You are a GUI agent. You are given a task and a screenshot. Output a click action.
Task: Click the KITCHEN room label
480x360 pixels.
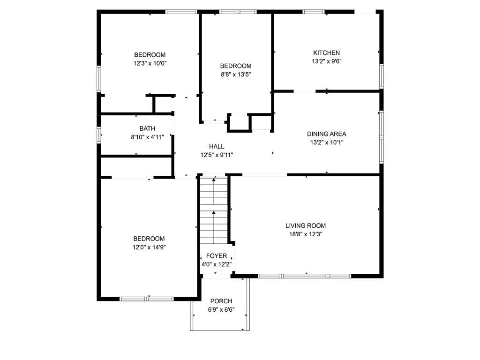(x=326, y=53)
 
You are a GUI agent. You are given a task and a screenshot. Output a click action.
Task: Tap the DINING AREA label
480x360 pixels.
(x=326, y=134)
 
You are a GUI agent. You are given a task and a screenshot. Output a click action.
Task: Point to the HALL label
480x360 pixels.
(x=217, y=147)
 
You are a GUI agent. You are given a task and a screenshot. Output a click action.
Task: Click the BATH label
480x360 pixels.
(x=147, y=129)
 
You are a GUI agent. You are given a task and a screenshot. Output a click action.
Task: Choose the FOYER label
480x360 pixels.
(x=217, y=256)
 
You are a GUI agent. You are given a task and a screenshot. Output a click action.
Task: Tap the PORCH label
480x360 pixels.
(x=221, y=301)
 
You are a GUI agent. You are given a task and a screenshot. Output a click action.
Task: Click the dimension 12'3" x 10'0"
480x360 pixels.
(x=150, y=63)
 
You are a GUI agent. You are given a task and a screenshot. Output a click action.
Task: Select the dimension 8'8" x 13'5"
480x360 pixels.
(x=236, y=75)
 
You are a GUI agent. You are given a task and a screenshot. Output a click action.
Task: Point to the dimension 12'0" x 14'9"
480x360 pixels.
(x=149, y=247)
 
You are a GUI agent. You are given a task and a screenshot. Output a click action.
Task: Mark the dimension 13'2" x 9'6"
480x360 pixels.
(x=326, y=61)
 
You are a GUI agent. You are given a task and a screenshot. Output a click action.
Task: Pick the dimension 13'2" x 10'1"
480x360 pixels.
(x=326, y=142)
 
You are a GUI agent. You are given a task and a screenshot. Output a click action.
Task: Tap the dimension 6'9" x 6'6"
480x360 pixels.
(x=221, y=309)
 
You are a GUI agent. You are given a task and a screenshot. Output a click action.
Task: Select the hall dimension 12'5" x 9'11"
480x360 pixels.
(x=217, y=155)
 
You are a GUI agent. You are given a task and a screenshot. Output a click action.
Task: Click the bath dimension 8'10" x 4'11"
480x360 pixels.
(x=147, y=137)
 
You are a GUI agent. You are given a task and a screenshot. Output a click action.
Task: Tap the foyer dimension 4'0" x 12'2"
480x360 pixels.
(x=217, y=264)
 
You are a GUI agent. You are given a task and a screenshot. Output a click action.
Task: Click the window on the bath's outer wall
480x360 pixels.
(x=99, y=134)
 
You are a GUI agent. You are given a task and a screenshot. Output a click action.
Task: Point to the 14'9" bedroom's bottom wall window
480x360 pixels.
(x=147, y=299)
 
